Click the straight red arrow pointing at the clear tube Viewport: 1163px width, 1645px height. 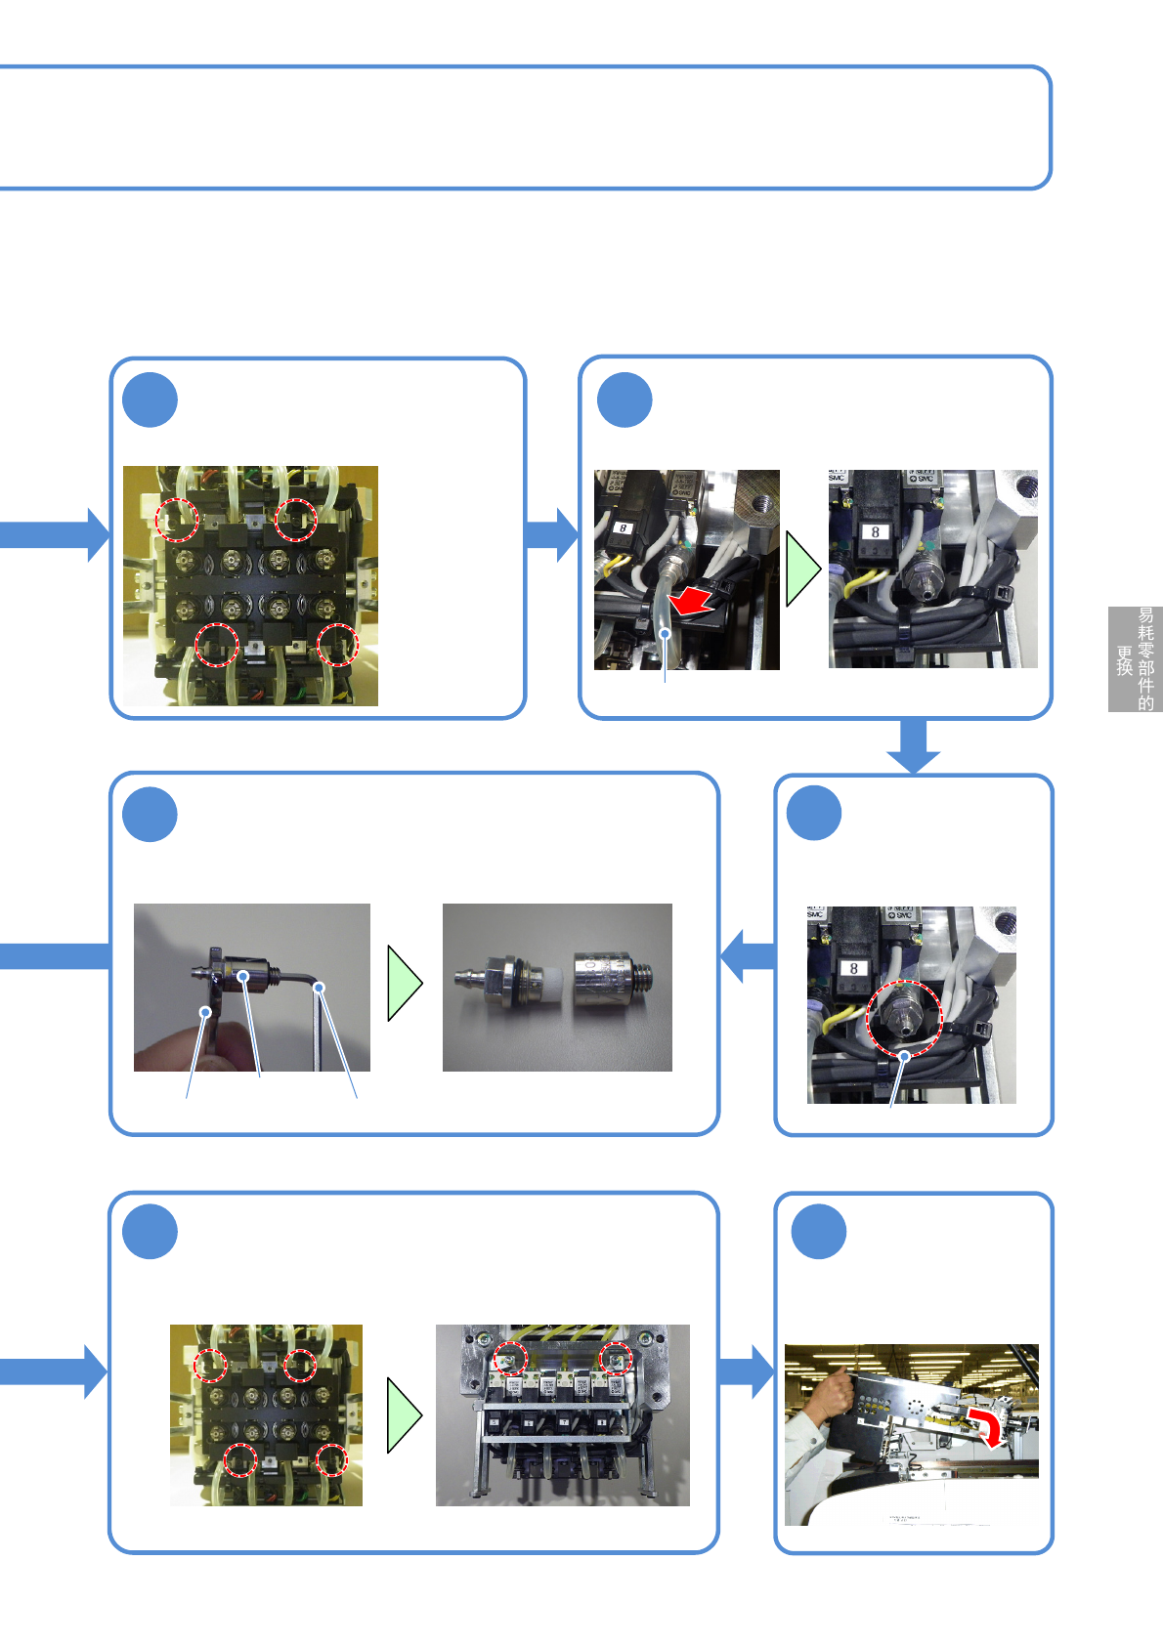(x=693, y=601)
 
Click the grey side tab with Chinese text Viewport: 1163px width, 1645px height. (x=1135, y=659)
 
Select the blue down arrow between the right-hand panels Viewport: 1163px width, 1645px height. (x=914, y=746)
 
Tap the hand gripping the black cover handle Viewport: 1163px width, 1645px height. (x=830, y=1394)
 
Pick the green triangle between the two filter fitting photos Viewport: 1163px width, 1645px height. (x=405, y=984)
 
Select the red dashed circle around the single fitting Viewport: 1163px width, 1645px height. (x=903, y=1018)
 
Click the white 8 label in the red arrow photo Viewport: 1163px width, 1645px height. (x=623, y=528)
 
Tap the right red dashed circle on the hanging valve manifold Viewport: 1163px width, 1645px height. (x=616, y=1357)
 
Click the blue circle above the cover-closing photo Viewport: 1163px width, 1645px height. (x=818, y=1231)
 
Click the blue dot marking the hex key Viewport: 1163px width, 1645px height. (x=319, y=989)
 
